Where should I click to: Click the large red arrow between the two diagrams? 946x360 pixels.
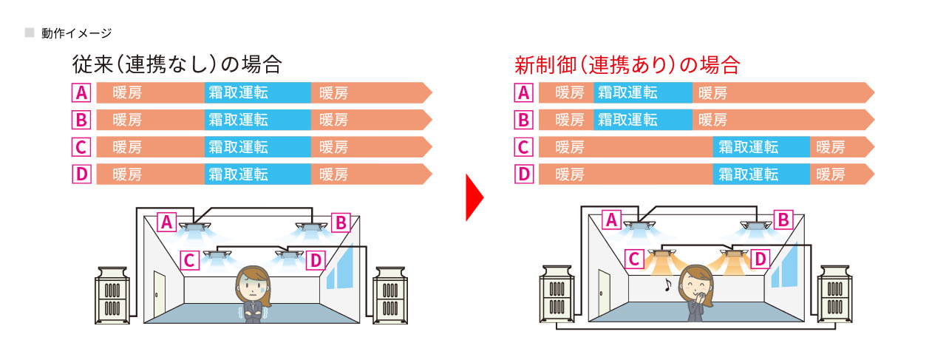[474, 198]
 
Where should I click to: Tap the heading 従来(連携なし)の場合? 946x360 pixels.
[177, 64]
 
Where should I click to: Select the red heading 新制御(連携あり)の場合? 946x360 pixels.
[627, 65]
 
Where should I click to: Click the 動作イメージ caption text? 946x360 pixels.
[77, 33]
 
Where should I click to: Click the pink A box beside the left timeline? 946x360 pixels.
[81, 93]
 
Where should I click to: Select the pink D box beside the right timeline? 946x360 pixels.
[523, 174]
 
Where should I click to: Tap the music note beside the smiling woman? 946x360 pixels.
[669, 283]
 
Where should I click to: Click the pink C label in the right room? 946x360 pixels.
[633, 258]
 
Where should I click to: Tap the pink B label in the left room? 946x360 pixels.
[341, 222]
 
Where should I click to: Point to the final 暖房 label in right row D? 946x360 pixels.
[830, 174]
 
